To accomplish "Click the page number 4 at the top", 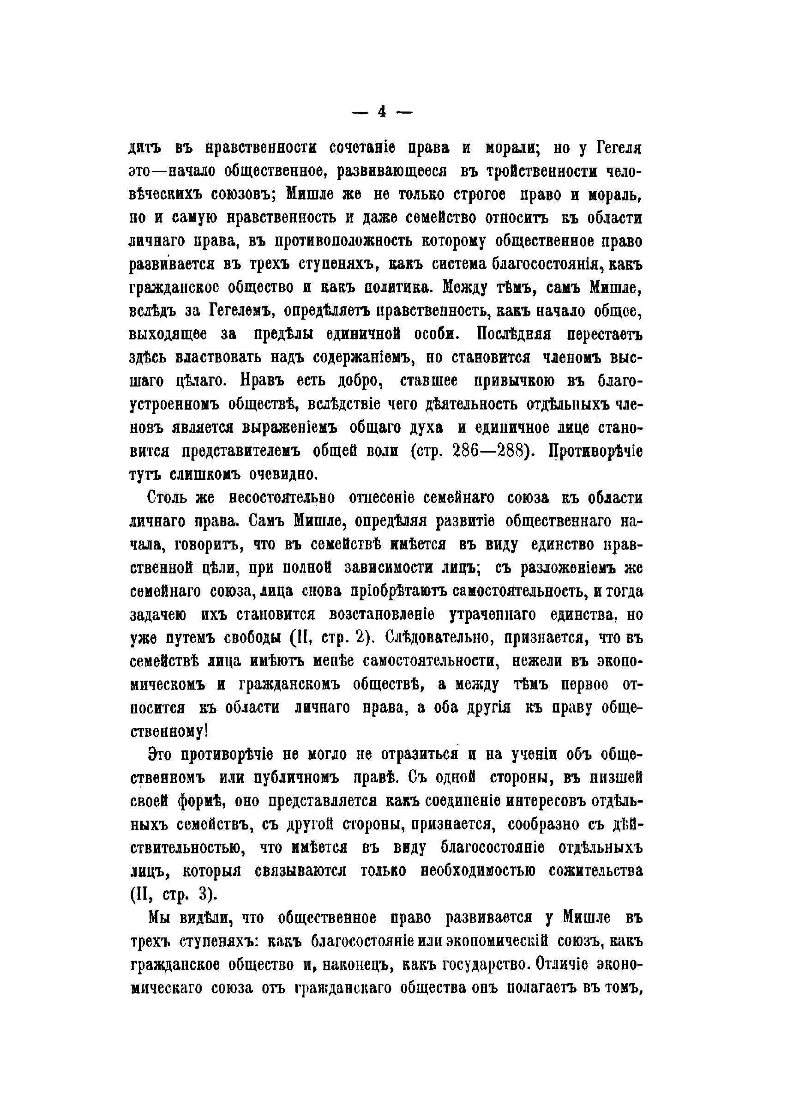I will pyautogui.click(x=382, y=113).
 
